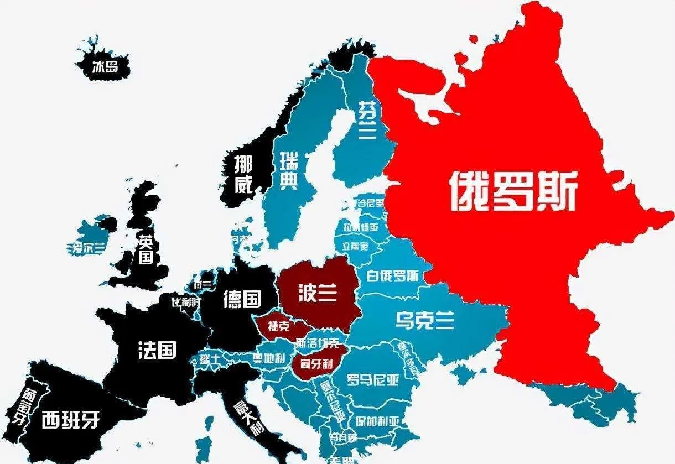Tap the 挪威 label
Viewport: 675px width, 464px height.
pyautogui.click(x=243, y=174)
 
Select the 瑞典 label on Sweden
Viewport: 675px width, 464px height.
pyautogui.click(x=288, y=171)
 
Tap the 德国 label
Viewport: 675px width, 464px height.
pyautogui.click(x=242, y=299)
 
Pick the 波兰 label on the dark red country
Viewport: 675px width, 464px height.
pyautogui.click(x=317, y=293)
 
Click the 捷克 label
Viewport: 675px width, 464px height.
pyautogui.click(x=279, y=326)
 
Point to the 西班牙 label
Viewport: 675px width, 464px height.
pyautogui.click(x=70, y=420)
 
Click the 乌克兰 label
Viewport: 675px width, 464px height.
pyautogui.click(x=425, y=319)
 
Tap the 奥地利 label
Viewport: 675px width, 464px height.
pyautogui.click(x=269, y=358)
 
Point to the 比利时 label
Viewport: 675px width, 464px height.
pyautogui.click(x=186, y=303)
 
